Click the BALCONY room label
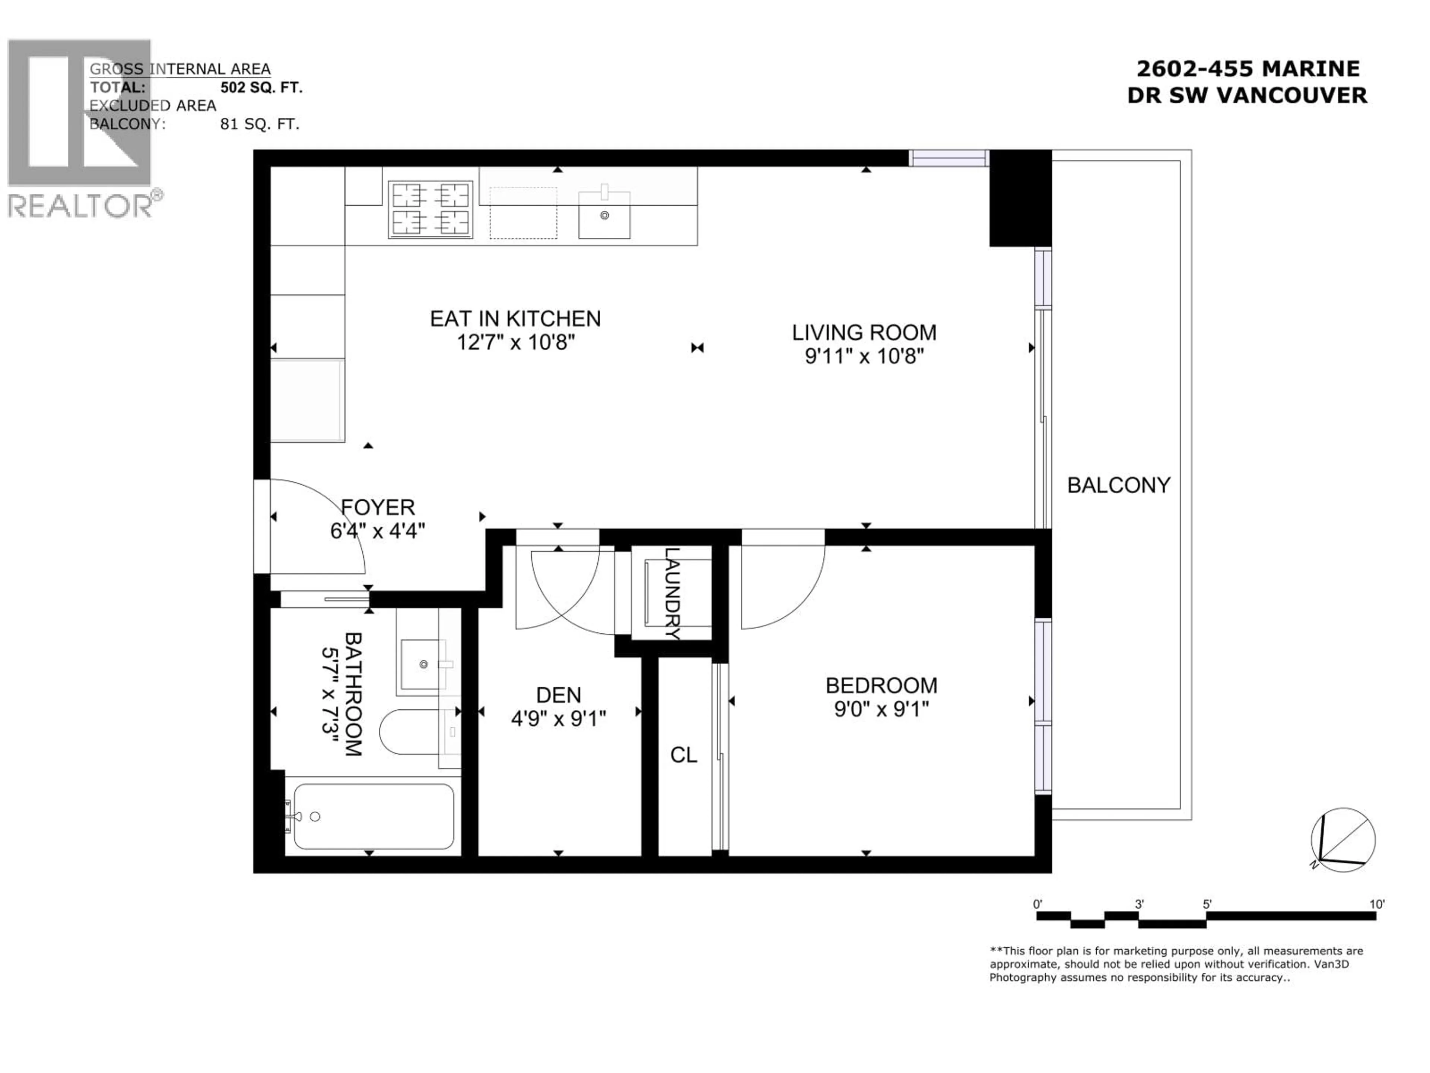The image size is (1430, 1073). click(1118, 485)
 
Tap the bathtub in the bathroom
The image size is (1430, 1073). click(374, 816)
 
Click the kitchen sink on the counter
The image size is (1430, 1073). click(604, 215)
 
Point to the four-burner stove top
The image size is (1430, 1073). click(430, 209)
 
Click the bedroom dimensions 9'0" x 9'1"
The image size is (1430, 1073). click(881, 709)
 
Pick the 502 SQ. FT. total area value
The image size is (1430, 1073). click(261, 87)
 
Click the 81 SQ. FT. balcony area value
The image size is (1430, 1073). click(259, 124)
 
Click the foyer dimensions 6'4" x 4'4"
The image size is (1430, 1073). click(378, 531)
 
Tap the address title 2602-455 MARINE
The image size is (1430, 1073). click(1247, 69)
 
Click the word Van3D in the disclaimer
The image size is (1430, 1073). click(1332, 964)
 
